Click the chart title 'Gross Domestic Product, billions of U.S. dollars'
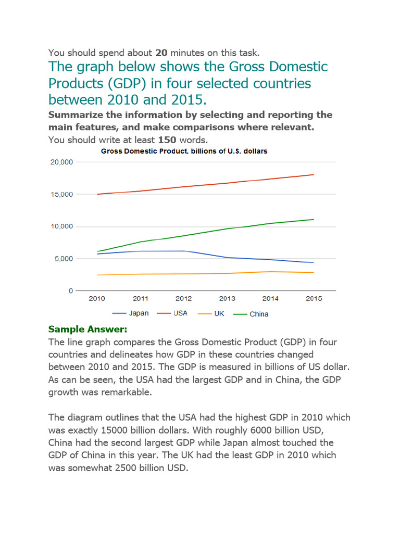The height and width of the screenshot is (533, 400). click(x=184, y=151)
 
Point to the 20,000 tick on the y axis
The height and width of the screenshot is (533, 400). click(x=62, y=162)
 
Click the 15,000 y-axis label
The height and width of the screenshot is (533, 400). click(x=62, y=195)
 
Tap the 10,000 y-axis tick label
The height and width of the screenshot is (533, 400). click(x=62, y=227)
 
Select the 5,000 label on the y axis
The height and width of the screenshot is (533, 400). click(x=64, y=259)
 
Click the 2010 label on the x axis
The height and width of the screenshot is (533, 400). click(x=97, y=299)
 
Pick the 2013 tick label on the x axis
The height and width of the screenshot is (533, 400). click(x=227, y=299)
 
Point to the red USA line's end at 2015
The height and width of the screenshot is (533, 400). click(x=314, y=175)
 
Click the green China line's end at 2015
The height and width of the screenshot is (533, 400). click(x=314, y=219)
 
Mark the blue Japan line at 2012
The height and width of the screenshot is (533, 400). click(x=183, y=251)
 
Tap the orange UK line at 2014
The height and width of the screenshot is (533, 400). click(x=270, y=272)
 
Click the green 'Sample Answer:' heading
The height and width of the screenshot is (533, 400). click(x=87, y=329)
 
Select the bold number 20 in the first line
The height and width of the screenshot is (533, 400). click(x=161, y=53)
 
